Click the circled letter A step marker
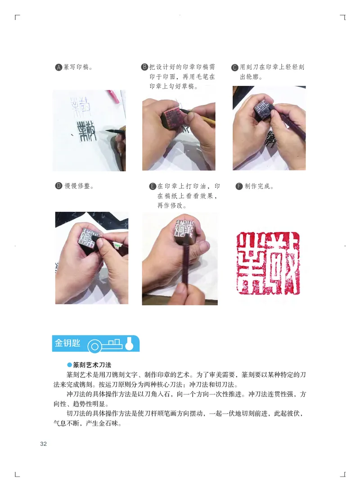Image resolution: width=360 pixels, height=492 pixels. [58, 68]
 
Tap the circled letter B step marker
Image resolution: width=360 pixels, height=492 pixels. [145, 68]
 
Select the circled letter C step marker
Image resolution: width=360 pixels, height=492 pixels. [235, 68]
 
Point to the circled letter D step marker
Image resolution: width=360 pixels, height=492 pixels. [58, 186]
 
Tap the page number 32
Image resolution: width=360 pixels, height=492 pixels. [44, 444]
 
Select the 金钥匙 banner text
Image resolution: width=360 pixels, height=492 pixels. [67, 344]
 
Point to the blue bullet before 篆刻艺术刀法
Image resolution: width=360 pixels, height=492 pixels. [69, 365]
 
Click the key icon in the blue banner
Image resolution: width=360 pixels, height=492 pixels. [108, 344]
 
